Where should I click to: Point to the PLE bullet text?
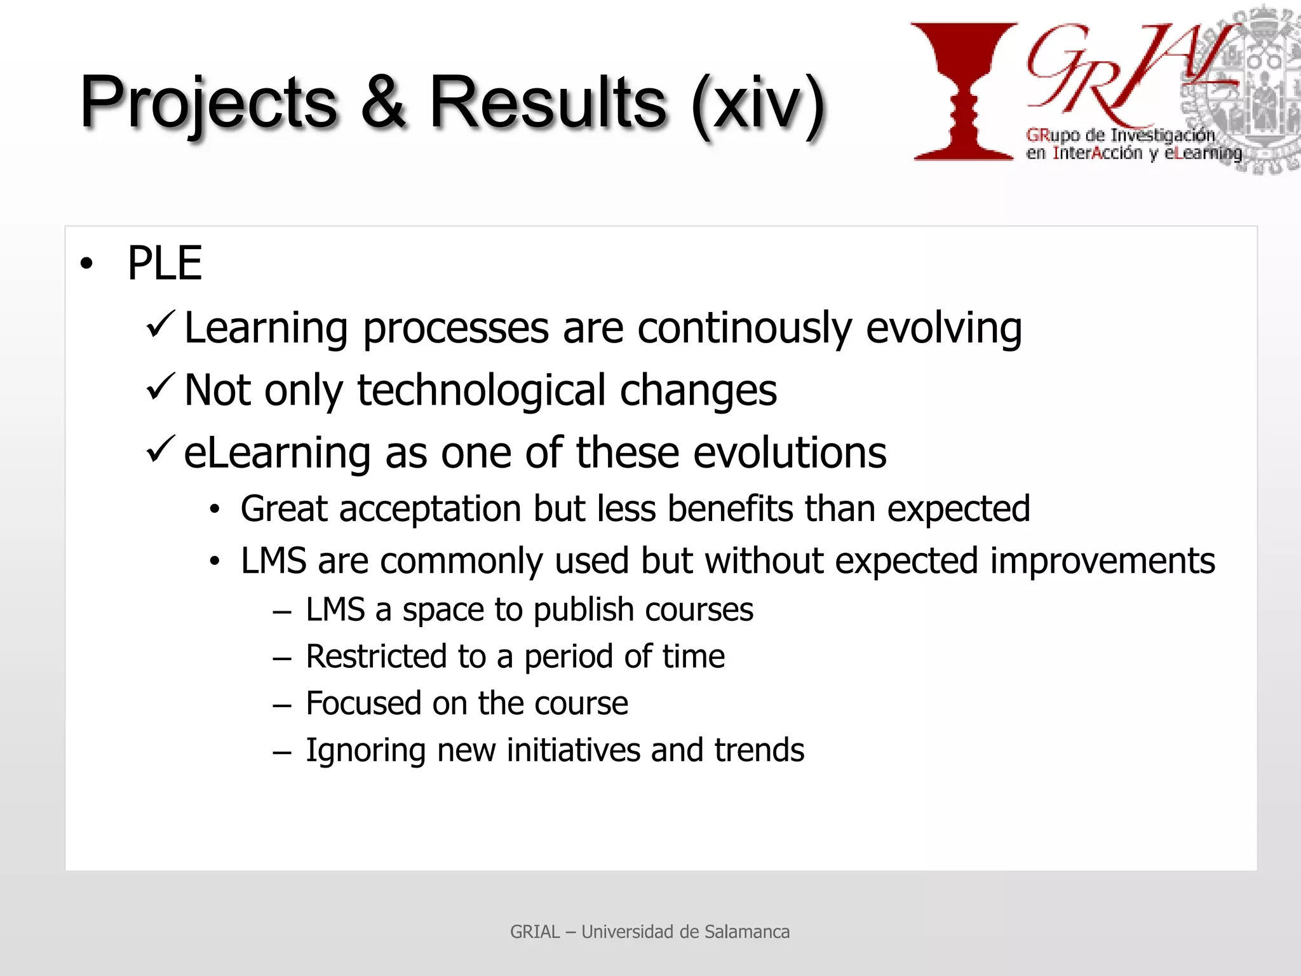click(x=165, y=263)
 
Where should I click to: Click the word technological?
click(x=481, y=390)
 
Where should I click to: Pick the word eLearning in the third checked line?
click(x=277, y=452)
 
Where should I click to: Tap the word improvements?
click(x=1102, y=561)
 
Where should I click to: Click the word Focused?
click(x=363, y=703)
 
